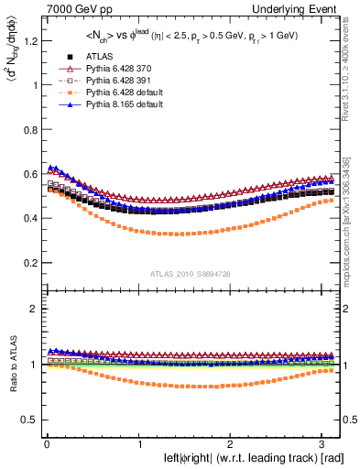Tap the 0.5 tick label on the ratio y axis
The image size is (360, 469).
click(x=30, y=420)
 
